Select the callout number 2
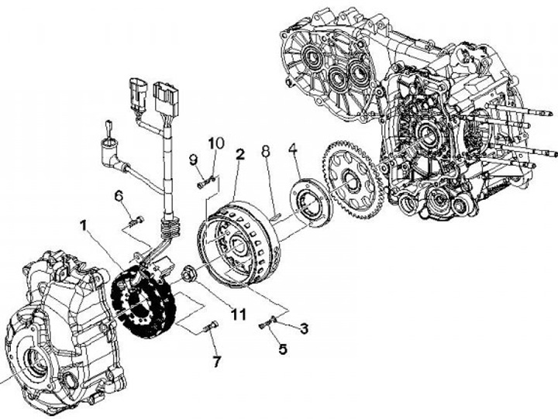tap(241, 155)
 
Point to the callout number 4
tap(294, 149)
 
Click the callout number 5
tap(282, 349)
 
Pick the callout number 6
tap(120, 196)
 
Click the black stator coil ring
tap(143, 298)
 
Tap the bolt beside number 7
tap(208, 328)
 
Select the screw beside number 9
tap(203, 184)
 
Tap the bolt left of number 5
tap(268, 323)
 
